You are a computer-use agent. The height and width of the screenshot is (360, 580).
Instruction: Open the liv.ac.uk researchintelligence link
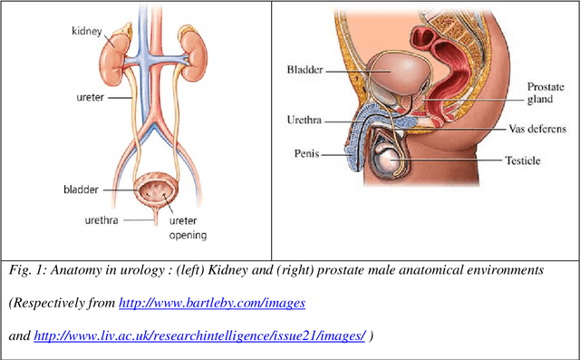click(x=199, y=336)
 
